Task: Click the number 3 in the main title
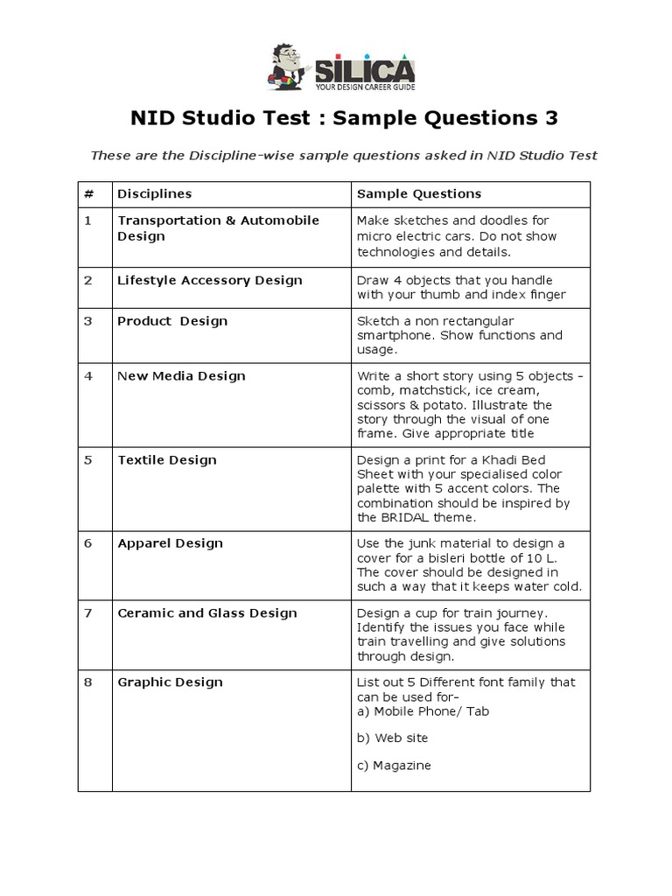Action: click(x=549, y=118)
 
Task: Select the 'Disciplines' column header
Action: click(x=155, y=193)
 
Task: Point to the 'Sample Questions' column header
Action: click(x=419, y=193)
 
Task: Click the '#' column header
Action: click(x=87, y=193)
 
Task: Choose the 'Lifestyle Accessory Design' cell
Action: click(x=210, y=280)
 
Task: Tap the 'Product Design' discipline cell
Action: click(x=172, y=320)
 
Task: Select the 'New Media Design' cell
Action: click(x=181, y=375)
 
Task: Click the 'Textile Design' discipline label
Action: click(x=167, y=459)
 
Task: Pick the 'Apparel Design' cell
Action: click(x=170, y=542)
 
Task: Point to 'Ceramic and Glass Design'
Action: click(x=207, y=612)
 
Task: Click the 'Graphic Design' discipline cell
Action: click(x=170, y=682)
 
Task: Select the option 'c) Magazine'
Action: click(x=394, y=766)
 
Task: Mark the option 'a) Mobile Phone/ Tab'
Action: click(x=423, y=710)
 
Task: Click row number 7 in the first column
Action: click(x=87, y=612)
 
